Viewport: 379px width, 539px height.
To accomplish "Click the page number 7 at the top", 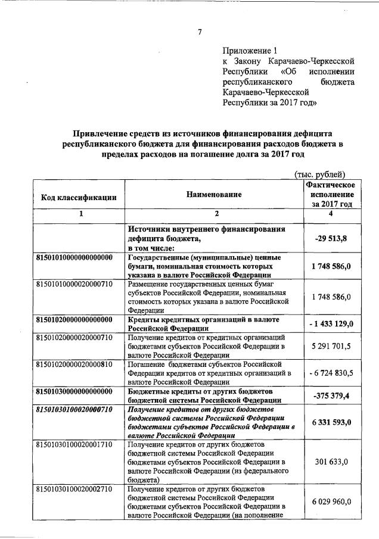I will point(200,31).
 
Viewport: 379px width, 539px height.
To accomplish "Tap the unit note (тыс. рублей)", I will point(321,174).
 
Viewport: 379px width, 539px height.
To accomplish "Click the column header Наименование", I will point(213,195).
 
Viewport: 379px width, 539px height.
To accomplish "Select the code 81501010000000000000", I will point(74,257).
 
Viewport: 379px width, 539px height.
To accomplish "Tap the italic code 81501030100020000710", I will point(74,410).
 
